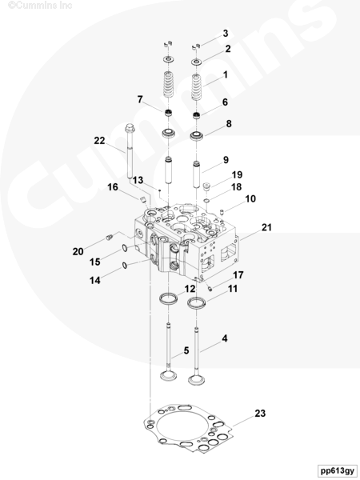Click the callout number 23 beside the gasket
tap(260, 414)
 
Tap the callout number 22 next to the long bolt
tap(99, 141)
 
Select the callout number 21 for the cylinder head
tap(266, 227)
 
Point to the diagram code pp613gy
tap(338, 470)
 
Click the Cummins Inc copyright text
tap(40, 6)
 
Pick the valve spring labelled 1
tap(198, 87)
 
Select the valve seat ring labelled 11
tap(197, 303)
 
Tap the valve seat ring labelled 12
tap(168, 298)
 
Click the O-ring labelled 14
tap(124, 265)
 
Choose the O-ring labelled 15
tap(124, 248)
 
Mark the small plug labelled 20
tap(110, 238)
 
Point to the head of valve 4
tap(197, 380)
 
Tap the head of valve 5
tap(169, 376)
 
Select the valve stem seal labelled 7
tap(167, 113)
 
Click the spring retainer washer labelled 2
tap(197, 62)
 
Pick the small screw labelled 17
tap(210, 288)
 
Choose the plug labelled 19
tap(207, 186)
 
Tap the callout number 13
tap(138, 180)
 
